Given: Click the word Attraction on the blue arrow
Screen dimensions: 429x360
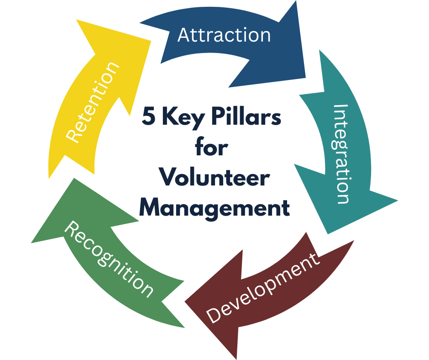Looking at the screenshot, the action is (x=224, y=35).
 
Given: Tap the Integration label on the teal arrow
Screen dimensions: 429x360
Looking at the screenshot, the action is (x=342, y=154).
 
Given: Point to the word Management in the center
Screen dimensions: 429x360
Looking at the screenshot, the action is (x=214, y=207).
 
